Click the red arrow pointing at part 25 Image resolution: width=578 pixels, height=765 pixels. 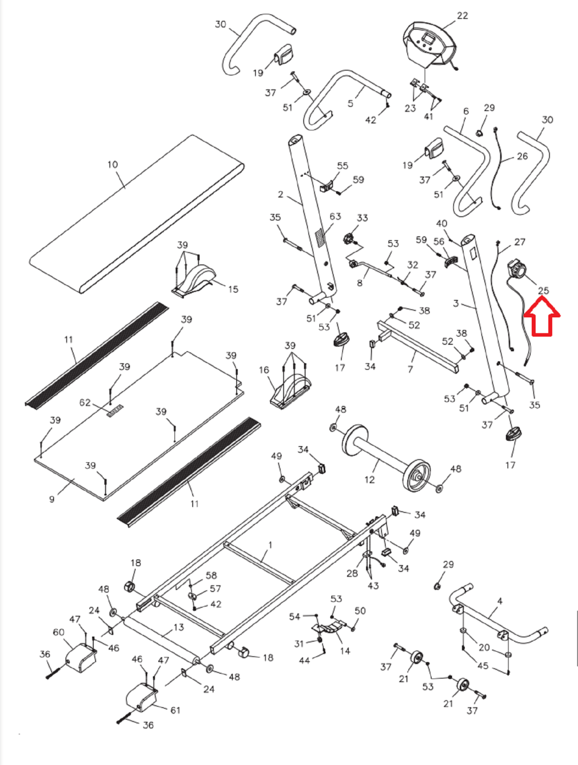[542, 317]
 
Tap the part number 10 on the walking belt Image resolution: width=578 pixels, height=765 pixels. [112, 164]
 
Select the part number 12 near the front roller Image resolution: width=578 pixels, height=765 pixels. [370, 479]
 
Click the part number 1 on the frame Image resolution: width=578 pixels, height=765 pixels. [271, 545]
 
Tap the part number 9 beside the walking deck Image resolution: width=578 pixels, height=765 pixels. [52, 499]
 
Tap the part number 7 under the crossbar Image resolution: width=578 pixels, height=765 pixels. [410, 369]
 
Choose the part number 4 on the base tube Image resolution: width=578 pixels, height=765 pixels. [500, 601]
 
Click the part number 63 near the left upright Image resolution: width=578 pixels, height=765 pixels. [335, 216]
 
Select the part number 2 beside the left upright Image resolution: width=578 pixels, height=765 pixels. [281, 195]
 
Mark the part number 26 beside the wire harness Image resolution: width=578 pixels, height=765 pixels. [523, 156]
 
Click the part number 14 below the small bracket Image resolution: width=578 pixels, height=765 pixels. [345, 651]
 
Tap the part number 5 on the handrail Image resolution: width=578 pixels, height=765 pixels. [350, 103]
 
